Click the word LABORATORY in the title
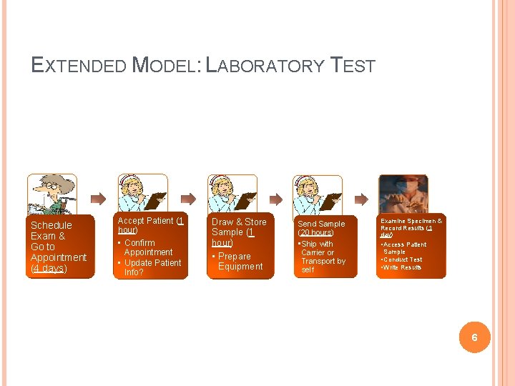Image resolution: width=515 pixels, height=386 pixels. click(x=265, y=66)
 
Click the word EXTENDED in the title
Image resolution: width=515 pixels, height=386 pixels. click(x=79, y=66)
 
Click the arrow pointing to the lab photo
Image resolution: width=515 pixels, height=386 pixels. click(x=363, y=198)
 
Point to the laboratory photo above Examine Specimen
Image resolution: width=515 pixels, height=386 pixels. click(x=403, y=193)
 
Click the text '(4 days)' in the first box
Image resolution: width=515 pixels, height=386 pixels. click(x=49, y=268)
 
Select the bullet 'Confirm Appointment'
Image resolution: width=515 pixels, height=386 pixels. click(x=147, y=247)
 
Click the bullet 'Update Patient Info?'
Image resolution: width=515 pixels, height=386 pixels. click(x=152, y=267)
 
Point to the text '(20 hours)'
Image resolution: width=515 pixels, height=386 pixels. click(x=316, y=233)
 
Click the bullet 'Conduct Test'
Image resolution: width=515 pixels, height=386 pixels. click(x=402, y=259)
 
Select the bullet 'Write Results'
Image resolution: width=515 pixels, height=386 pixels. click(x=401, y=267)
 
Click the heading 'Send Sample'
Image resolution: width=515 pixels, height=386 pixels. click(x=321, y=224)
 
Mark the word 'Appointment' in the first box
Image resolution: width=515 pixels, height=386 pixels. click(x=59, y=257)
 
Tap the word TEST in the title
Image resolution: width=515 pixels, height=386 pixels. click(x=353, y=66)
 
